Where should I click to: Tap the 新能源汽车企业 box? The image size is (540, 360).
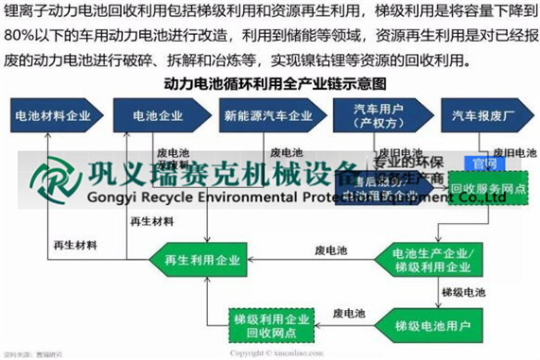(269, 117)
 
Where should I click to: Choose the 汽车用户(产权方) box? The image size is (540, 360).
(376, 117)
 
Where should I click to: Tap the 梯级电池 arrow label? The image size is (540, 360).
(463, 294)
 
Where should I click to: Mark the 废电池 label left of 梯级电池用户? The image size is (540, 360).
(349, 313)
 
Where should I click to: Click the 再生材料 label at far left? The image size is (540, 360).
(76, 246)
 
